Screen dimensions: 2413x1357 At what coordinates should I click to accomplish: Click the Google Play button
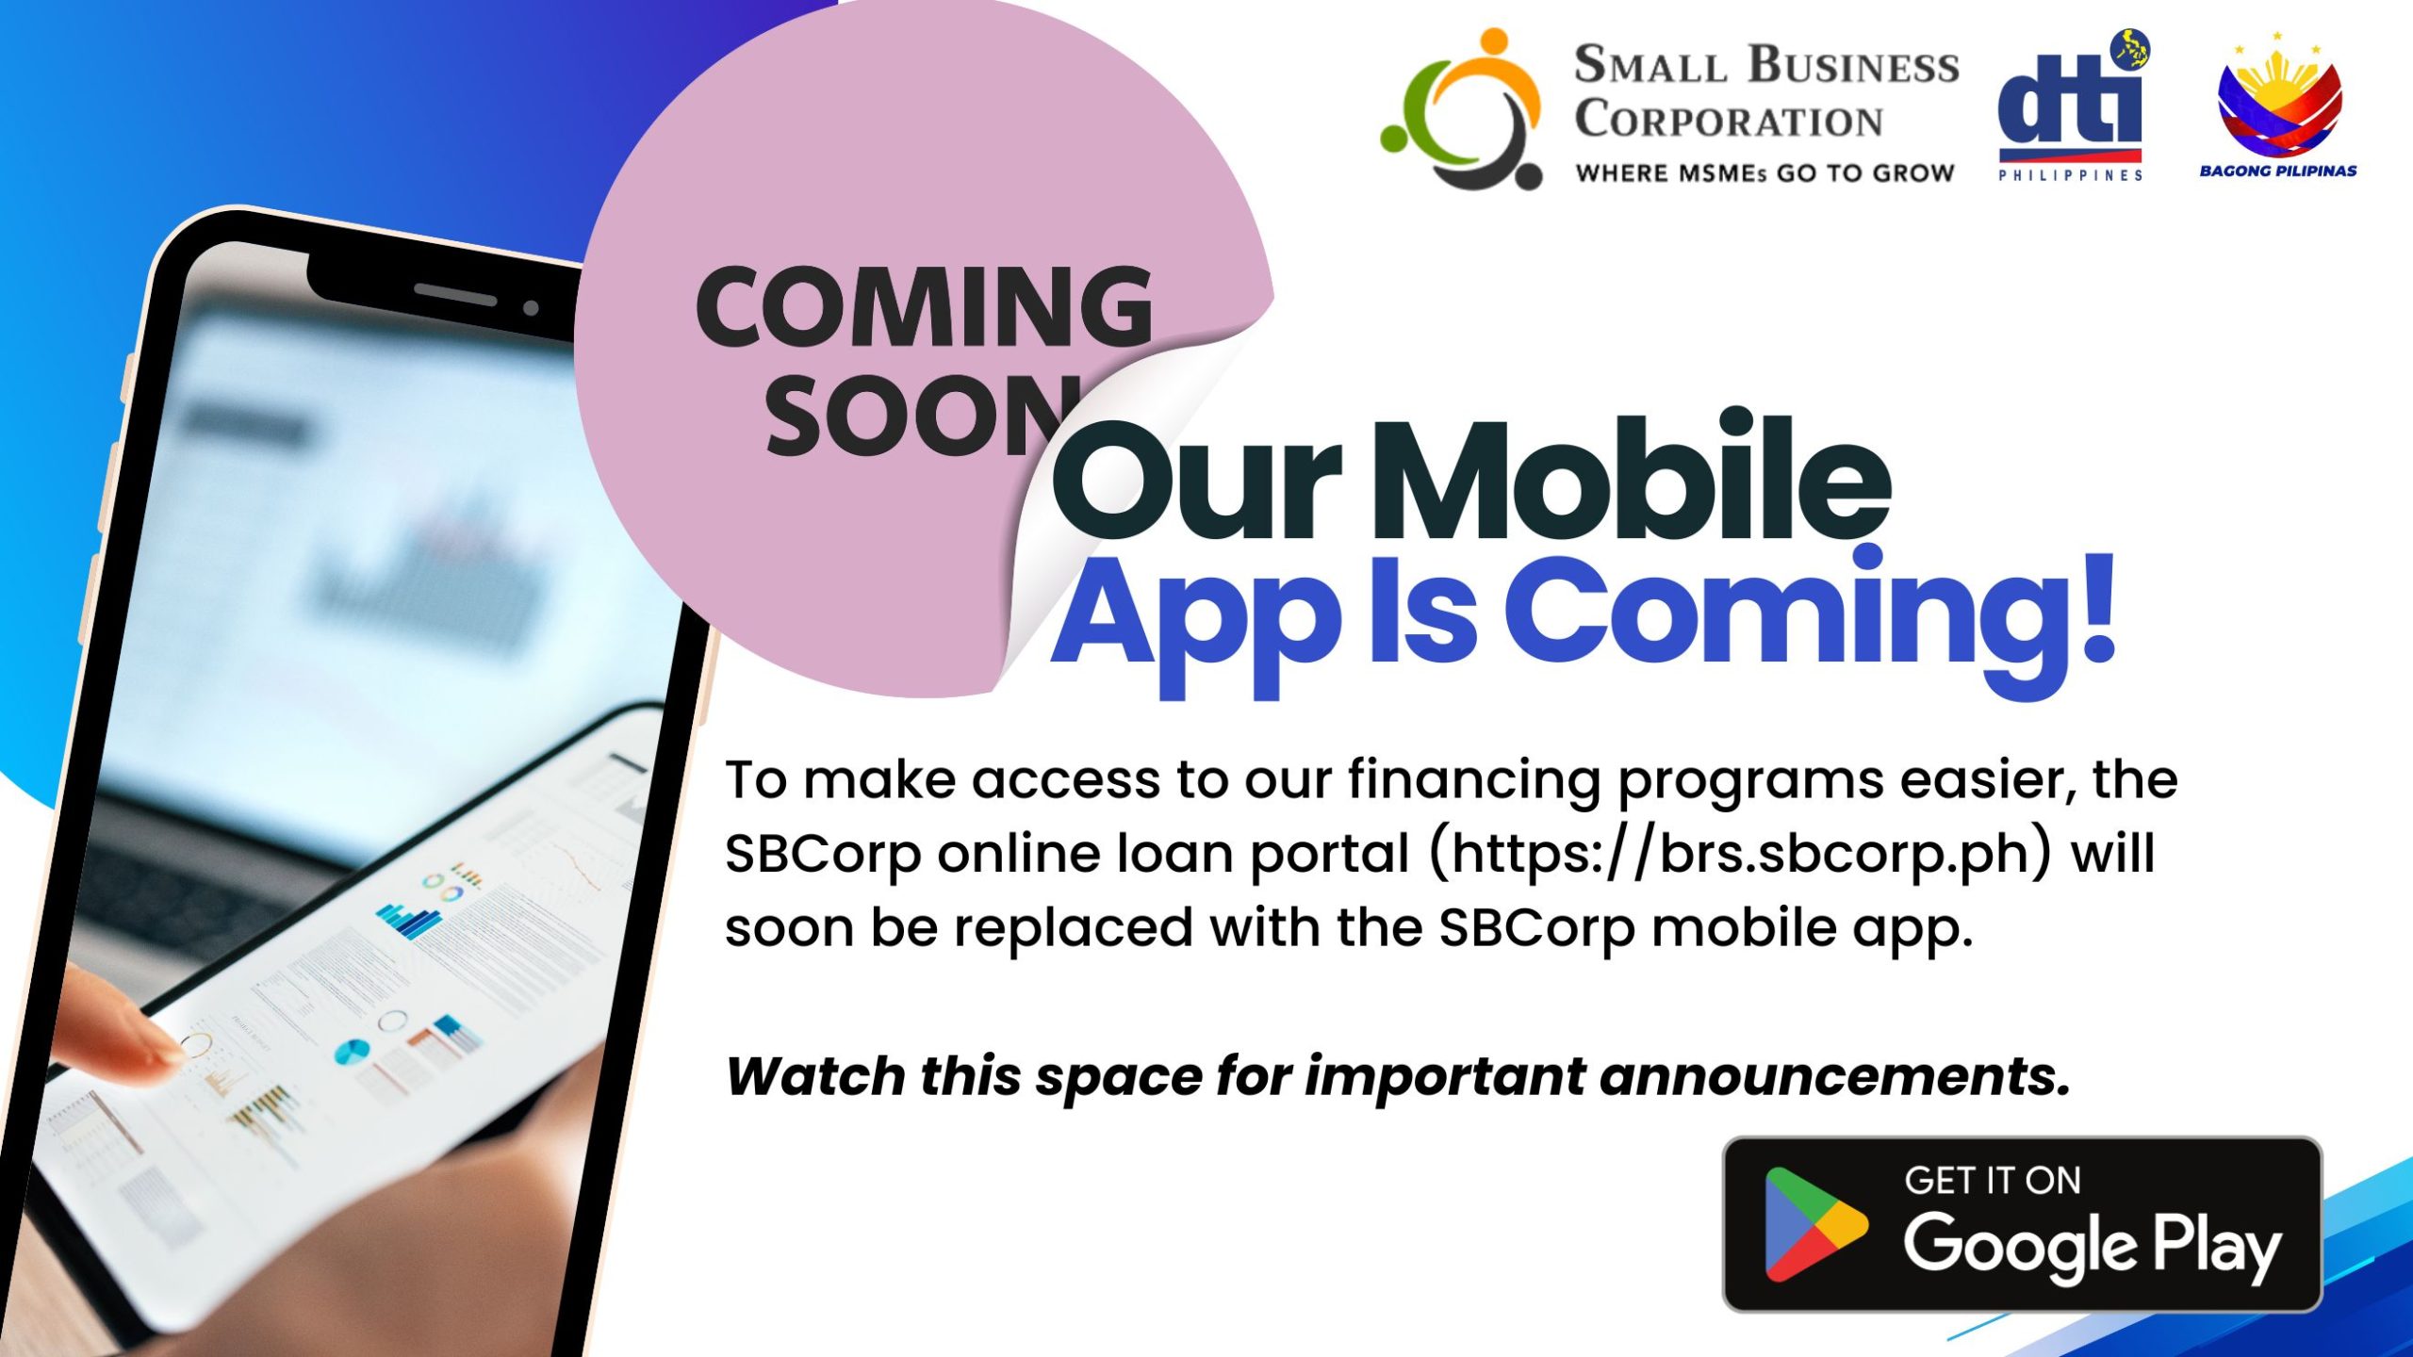[2022, 1224]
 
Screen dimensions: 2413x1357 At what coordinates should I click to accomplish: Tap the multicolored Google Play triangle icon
[1815, 1224]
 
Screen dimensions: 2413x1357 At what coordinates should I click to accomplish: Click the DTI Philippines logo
[2071, 105]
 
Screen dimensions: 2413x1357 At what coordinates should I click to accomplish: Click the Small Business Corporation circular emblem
[1462, 109]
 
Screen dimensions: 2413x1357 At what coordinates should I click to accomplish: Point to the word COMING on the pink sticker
[925, 305]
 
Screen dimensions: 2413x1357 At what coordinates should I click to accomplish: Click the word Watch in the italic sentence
[814, 1075]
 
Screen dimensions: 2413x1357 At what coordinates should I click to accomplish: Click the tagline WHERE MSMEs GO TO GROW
[1765, 173]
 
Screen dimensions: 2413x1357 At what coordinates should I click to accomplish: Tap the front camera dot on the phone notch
[531, 308]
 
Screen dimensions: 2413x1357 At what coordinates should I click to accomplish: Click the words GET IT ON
[1992, 1181]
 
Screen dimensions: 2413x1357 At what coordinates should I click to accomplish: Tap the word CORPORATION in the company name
[1729, 121]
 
